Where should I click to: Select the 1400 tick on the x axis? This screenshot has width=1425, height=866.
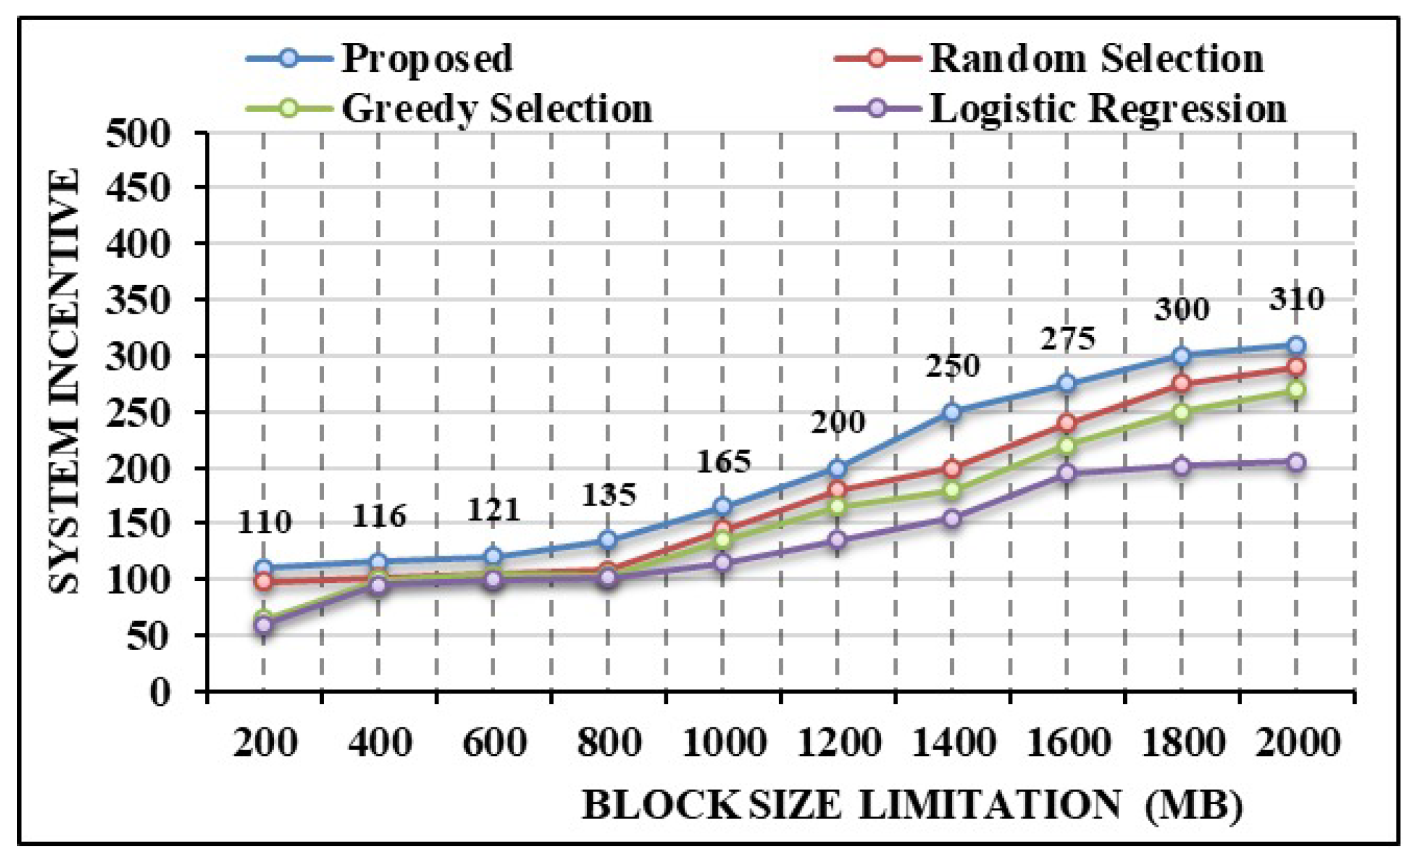coord(953,742)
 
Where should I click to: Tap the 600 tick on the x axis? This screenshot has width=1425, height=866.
coord(494,742)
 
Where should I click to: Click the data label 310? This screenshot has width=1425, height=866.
coord(1296,299)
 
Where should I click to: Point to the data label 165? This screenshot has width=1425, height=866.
coord(724,461)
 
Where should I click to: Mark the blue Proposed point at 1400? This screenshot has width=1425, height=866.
coord(952,412)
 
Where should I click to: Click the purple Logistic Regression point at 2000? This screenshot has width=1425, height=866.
coord(1296,463)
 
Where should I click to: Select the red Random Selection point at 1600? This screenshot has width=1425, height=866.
coord(1066,424)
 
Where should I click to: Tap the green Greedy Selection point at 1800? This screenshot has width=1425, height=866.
coord(1182,413)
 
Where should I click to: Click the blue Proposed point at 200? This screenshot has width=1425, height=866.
coord(264,567)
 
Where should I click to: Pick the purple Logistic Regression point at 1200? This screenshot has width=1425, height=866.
coord(837,539)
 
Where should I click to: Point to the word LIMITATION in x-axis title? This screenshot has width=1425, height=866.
coord(990,805)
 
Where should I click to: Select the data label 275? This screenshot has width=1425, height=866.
coord(1068,338)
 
